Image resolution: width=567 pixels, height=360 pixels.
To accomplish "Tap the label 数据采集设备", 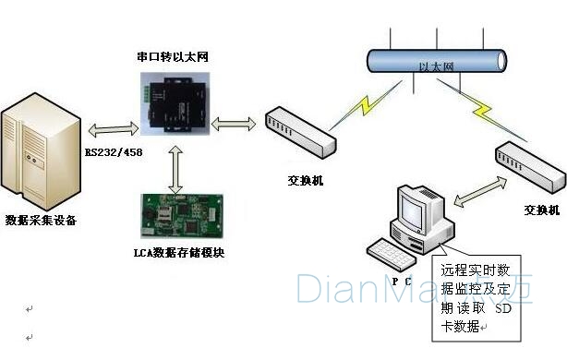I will coord(41,221).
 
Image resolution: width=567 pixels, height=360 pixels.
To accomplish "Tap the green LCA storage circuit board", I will coord(177,214).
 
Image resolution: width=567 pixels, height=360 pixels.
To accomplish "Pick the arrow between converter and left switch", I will coord(238,123).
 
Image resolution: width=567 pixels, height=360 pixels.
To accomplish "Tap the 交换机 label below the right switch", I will coord(541,210).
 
